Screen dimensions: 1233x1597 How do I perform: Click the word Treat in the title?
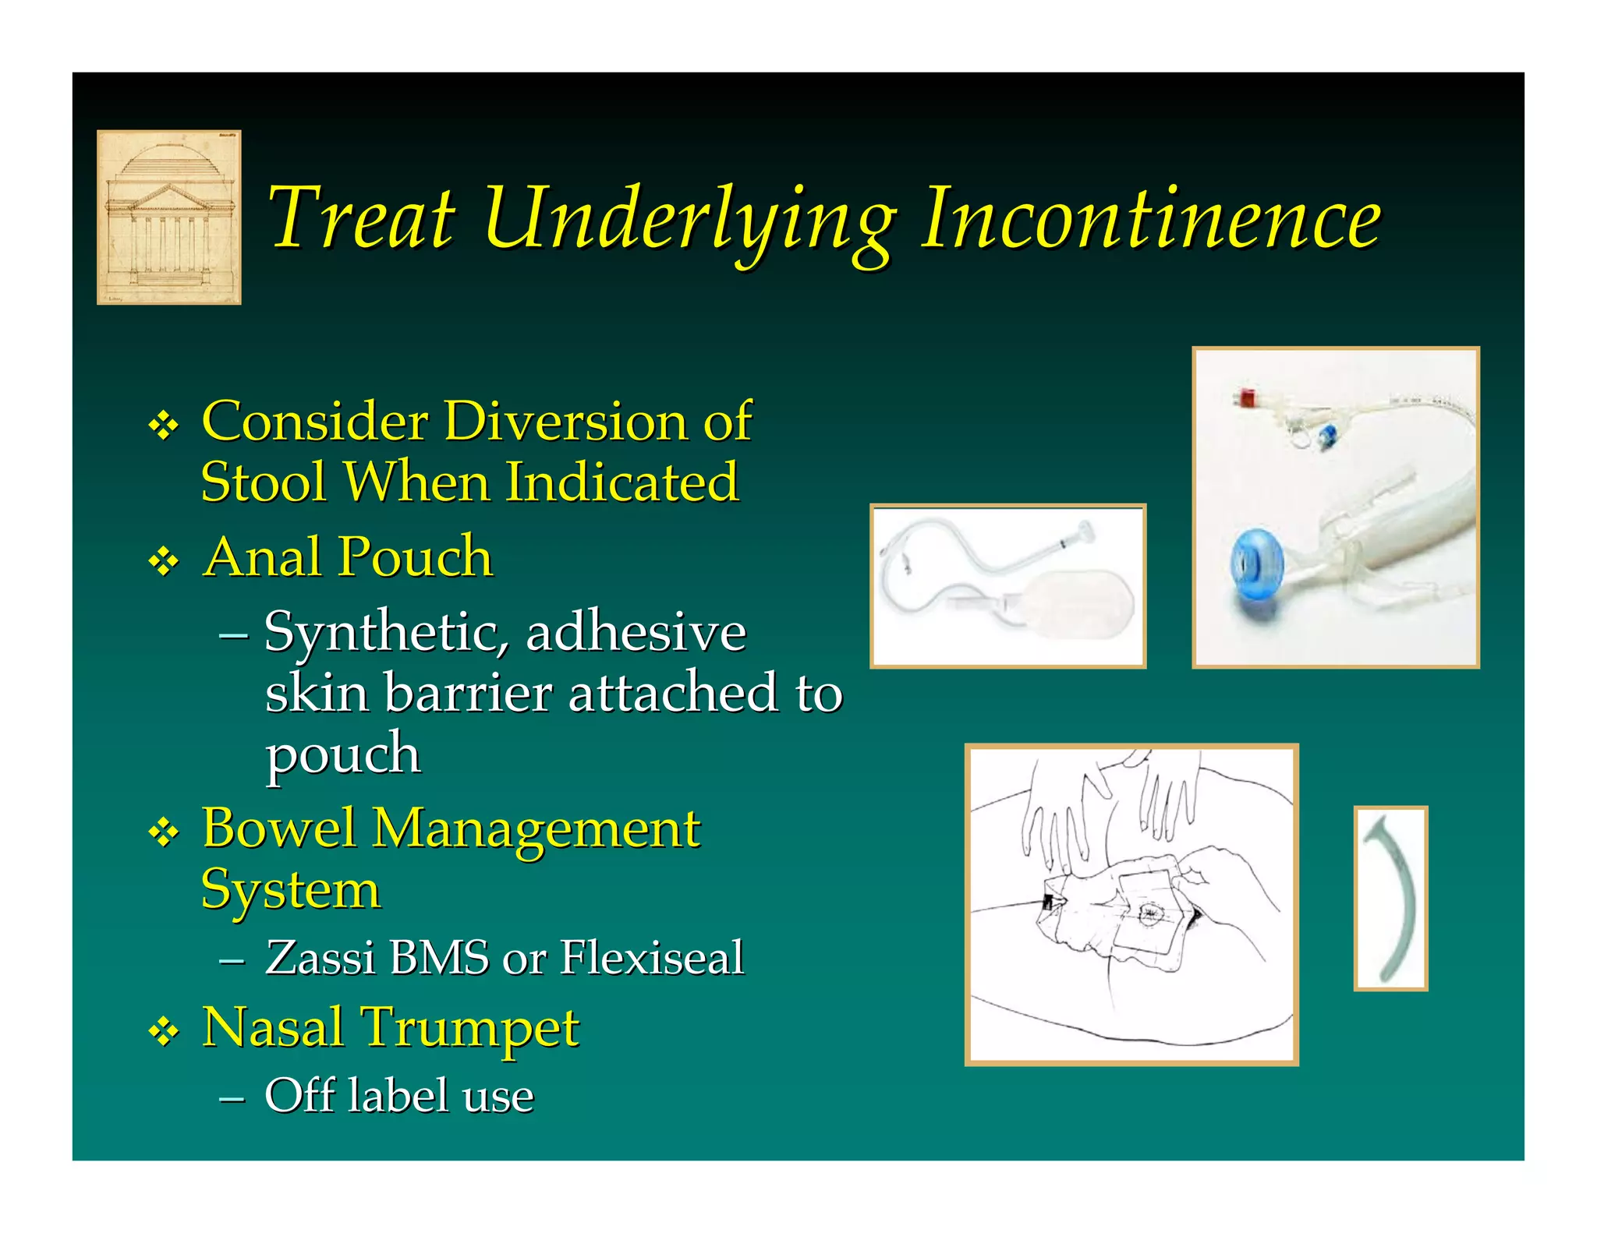tap(361, 219)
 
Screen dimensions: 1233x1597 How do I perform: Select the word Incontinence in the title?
tap(1151, 219)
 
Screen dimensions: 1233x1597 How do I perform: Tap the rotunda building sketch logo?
tap(168, 217)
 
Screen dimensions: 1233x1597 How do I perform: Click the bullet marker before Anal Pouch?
tap(164, 560)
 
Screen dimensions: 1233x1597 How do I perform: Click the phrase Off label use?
tap(399, 1095)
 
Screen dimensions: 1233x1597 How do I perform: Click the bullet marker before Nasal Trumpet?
tap(164, 1033)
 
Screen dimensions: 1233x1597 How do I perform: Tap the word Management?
tap(536, 829)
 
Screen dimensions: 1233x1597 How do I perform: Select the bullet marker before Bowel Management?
tap(164, 832)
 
